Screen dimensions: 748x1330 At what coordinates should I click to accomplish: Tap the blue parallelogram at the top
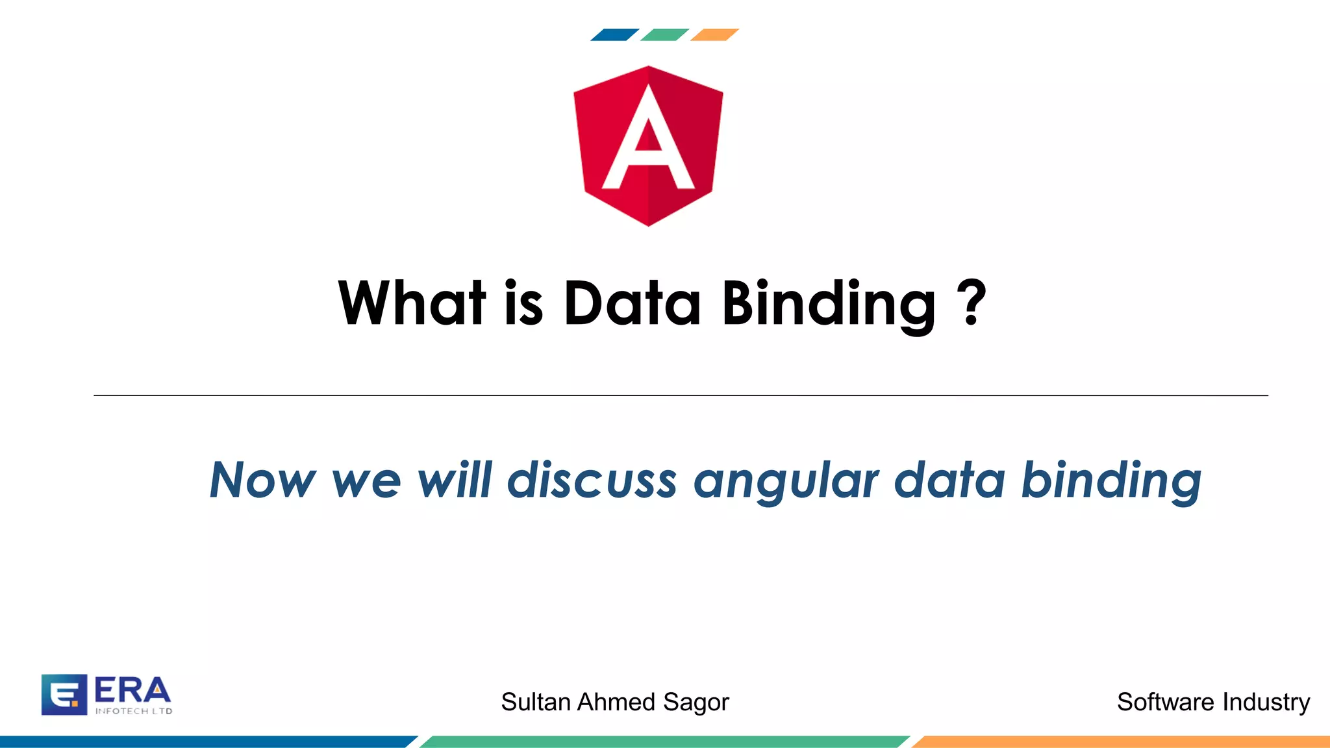(614, 35)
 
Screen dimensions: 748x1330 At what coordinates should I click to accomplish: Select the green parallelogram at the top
(664, 35)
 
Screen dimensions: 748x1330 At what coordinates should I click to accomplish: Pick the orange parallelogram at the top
(714, 35)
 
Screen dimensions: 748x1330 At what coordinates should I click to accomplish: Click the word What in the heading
(412, 303)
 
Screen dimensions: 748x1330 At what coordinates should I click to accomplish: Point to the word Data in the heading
(632, 303)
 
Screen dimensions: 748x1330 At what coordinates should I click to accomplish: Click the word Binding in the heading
(829, 304)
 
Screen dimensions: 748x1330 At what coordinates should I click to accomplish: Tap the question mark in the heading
(972, 303)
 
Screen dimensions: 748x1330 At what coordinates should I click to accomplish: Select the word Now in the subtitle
(262, 480)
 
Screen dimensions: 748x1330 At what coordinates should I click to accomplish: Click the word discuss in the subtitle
(592, 480)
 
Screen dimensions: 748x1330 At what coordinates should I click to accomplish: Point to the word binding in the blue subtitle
(1111, 480)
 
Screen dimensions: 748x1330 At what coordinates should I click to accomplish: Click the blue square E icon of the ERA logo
(64, 695)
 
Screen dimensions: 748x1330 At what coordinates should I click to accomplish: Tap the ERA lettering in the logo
(132, 691)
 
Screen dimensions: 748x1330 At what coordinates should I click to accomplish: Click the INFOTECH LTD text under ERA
(134, 711)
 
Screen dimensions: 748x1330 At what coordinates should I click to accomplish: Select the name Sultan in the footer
(536, 702)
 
